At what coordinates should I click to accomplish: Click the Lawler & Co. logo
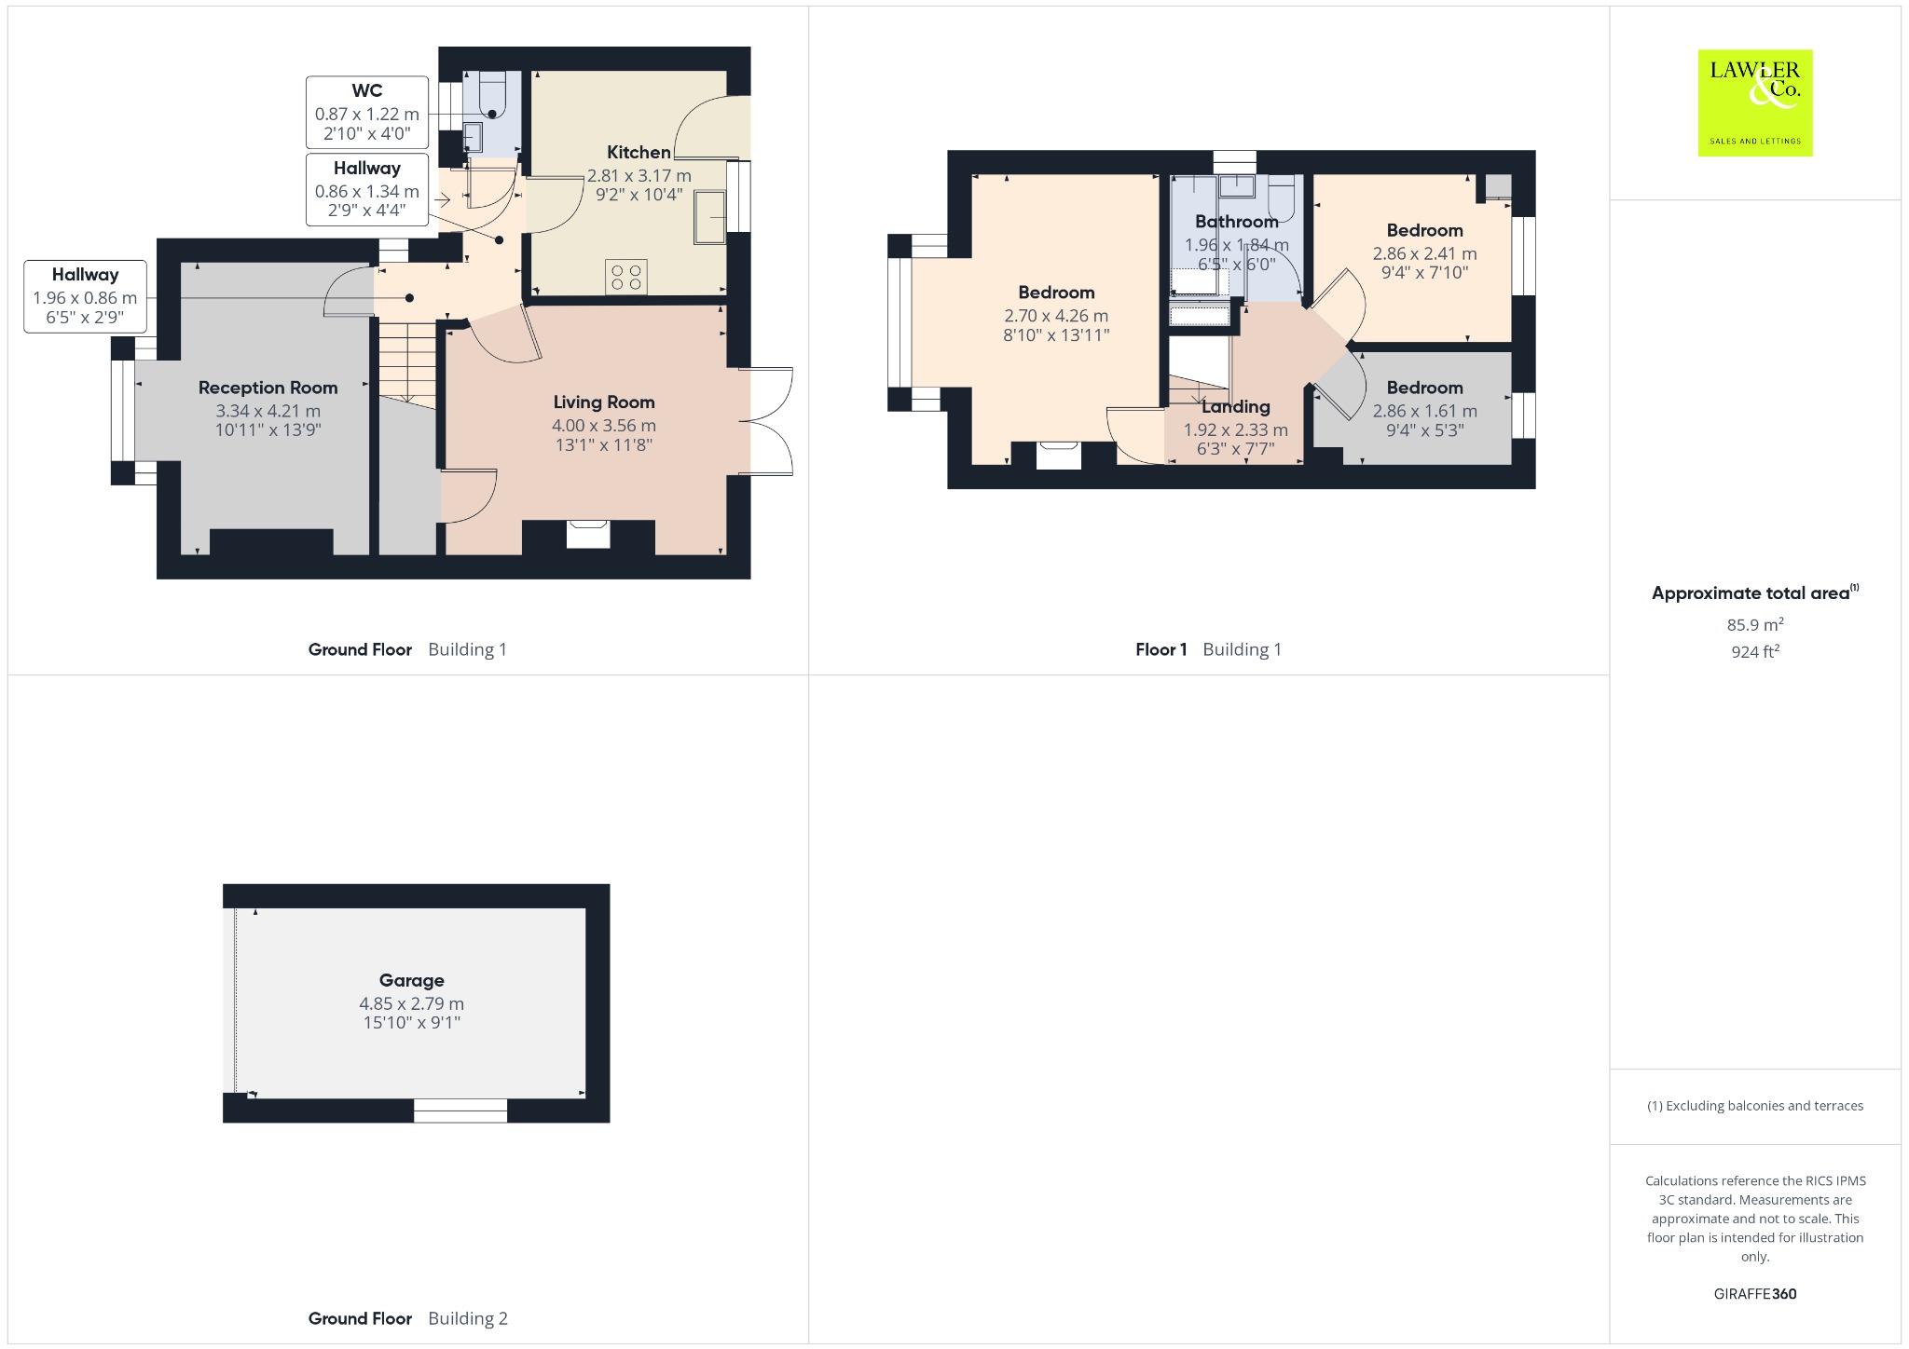pyautogui.click(x=1755, y=102)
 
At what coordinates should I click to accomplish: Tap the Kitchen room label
pyautogui.click(x=639, y=152)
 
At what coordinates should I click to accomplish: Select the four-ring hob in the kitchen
pyautogui.click(x=626, y=277)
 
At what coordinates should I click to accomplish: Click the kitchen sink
pyautogui.click(x=709, y=217)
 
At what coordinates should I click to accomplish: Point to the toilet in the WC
pyautogui.click(x=490, y=93)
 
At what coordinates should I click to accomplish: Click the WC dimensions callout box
pyautogui.click(x=367, y=113)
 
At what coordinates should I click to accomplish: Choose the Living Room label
pyautogui.click(x=604, y=402)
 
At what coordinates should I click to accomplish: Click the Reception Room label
pyautogui.click(x=268, y=388)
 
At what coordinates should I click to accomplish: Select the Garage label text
pyautogui.click(x=412, y=980)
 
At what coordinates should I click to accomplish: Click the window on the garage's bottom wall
pyautogui.click(x=460, y=1110)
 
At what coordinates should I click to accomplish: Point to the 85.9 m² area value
pyautogui.click(x=1755, y=624)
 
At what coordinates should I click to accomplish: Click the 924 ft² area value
pyautogui.click(x=1755, y=651)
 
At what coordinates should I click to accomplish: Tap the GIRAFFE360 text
pyautogui.click(x=1755, y=1293)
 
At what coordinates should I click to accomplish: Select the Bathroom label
pyautogui.click(x=1237, y=221)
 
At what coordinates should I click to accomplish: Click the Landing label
pyautogui.click(x=1236, y=406)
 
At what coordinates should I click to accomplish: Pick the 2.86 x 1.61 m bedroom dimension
pyautogui.click(x=1424, y=411)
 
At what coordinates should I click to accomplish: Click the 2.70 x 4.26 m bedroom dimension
pyautogui.click(x=1056, y=316)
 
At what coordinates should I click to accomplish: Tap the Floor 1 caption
pyautogui.click(x=1161, y=649)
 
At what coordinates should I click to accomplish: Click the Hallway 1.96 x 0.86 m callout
pyautogui.click(x=85, y=296)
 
